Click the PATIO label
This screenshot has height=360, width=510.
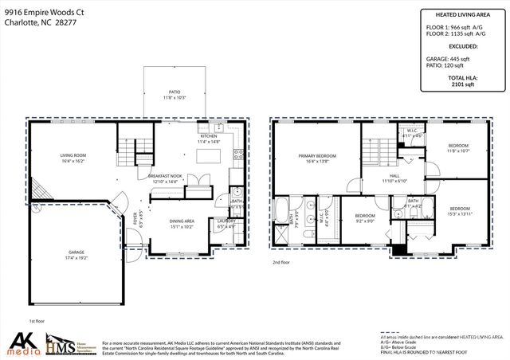[x=174, y=92]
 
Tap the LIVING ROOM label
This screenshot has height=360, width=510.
[x=73, y=155]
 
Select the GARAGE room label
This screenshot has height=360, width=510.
[x=76, y=252]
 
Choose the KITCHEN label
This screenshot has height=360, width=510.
[x=209, y=136]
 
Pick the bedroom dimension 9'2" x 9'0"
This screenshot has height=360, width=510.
[x=365, y=221]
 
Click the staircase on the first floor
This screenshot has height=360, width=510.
[x=127, y=148]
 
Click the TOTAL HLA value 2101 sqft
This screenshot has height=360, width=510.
[x=462, y=82]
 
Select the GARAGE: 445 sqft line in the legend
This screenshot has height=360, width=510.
[x=448, y=57]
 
